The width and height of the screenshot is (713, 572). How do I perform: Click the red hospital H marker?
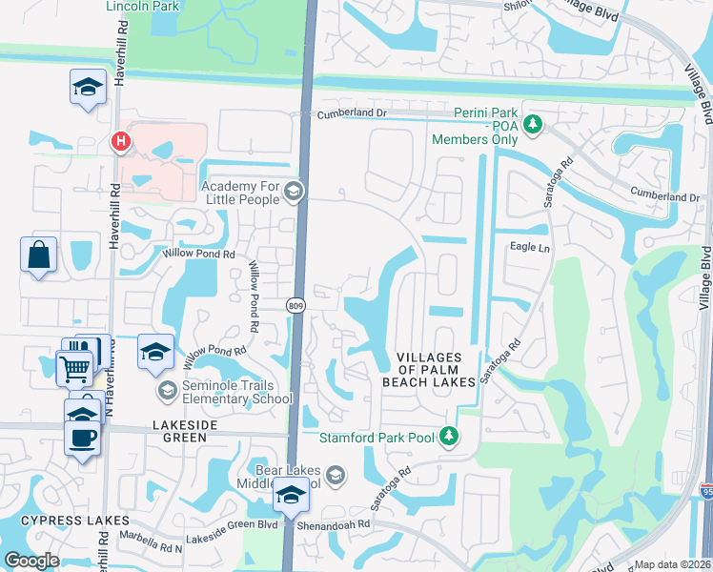tap(120, 143)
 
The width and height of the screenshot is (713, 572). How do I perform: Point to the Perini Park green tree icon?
tap(535, 123)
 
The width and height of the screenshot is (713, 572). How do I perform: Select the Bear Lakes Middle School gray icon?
tap(335, 474)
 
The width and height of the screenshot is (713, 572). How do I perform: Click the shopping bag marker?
tap(38, 255)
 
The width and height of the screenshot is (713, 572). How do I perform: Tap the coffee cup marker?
tap(82, 439)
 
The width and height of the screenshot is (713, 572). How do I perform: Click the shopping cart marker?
tap(74, 366)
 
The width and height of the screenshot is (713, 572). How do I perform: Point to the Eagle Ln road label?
tap(531, 248)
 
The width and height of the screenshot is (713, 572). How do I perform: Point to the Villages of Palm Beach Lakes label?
tap(435, 369)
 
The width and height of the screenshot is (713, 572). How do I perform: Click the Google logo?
tap(31, 561)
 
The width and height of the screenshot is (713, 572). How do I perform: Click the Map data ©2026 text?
tap(672, 564)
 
